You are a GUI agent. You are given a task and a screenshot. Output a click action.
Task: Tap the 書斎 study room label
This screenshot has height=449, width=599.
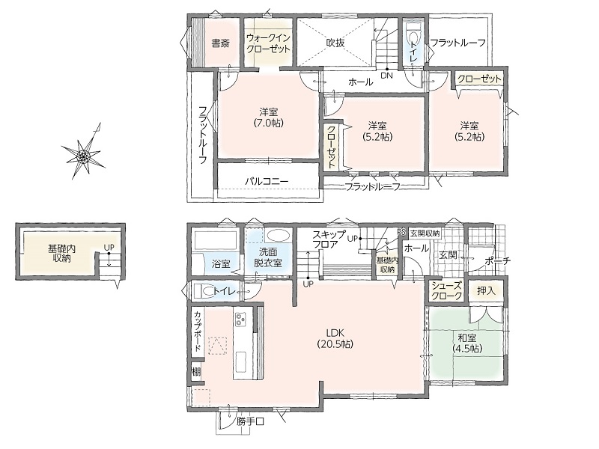(x=220, y=43)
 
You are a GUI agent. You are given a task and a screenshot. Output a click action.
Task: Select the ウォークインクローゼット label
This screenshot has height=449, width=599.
(x=268, y=43)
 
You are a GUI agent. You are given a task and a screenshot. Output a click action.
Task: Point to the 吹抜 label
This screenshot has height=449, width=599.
(x=335, y=43)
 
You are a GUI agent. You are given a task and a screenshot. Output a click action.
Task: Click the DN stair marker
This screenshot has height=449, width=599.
(x=386, y=76)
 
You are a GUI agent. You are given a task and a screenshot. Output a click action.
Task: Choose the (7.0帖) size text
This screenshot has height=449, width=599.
(x=268, y=123)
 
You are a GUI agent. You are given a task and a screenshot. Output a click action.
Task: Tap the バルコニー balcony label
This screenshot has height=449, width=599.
(x=267, y=181)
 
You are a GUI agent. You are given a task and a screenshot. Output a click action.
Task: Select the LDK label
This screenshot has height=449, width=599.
(x=335, y=333)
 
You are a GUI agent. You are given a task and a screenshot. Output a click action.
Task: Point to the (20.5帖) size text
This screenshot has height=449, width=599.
(x=335, y=344)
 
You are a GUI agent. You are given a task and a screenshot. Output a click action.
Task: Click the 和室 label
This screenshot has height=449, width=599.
(x=466, y=337)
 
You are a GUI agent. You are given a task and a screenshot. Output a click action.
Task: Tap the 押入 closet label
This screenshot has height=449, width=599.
(x=486, y=291)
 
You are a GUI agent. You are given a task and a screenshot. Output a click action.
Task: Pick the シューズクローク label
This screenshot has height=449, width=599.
(x=446, y=290)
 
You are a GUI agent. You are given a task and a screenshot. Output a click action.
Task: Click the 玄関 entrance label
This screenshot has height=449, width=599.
(x=447, y=254)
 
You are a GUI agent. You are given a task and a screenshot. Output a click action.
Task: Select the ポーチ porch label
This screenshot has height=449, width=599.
(x=497, y=261)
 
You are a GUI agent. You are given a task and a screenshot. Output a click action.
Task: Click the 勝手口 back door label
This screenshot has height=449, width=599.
(x=250, y=421)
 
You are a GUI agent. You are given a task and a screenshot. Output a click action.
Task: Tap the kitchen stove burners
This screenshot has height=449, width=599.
(x=240, y=320)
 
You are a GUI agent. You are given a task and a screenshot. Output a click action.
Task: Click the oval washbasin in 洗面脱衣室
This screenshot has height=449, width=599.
(x=278, y=234)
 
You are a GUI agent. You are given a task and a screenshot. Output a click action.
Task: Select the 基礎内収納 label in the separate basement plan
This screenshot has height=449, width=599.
(x=61, y=253)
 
